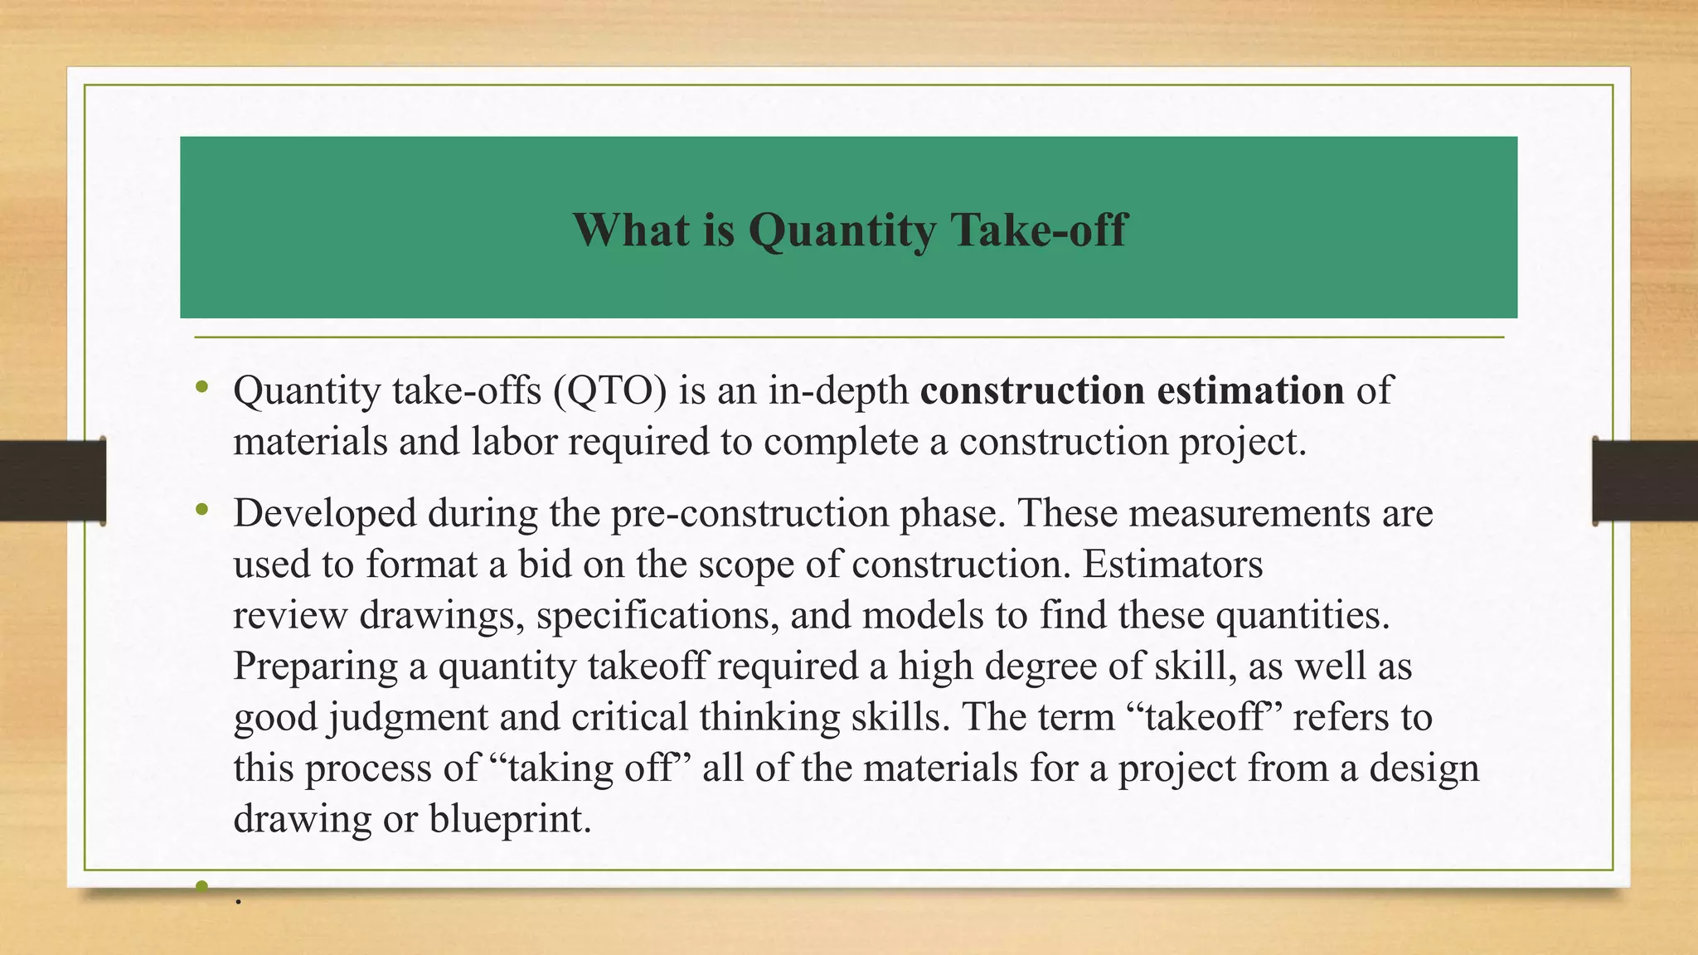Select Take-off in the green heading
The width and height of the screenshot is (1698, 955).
1039,230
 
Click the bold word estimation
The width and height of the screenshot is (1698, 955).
1250,390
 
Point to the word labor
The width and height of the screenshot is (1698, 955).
514,441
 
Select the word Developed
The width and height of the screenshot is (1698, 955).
325,513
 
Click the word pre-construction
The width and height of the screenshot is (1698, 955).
750,513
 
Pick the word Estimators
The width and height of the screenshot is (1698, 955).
1172,565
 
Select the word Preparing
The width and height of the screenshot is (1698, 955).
315,667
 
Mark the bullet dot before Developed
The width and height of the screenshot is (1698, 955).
202,511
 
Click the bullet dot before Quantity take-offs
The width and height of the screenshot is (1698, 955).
202,388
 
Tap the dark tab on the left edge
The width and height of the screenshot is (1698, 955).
52,481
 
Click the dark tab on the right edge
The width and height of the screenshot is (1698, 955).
1645,481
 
